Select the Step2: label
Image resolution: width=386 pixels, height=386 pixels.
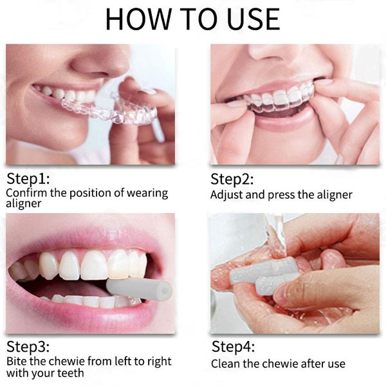234,179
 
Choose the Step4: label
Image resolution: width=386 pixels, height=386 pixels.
234,347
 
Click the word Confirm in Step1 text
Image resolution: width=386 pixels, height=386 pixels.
25,192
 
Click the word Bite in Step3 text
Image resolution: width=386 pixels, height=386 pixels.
17,362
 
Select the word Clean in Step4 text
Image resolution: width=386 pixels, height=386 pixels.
227,363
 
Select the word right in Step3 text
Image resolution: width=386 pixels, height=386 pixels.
152,362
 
